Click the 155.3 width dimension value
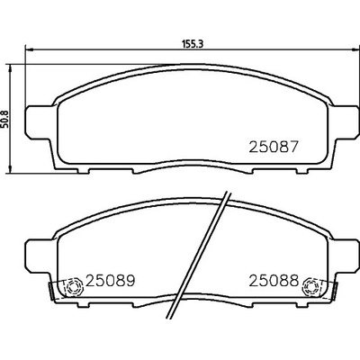[x=193, y=44]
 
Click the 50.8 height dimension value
[x=5, y=119]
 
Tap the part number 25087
[x=274, y=147]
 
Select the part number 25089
[x=111, y=281]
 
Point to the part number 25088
[x=274, y=281]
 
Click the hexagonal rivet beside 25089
[x=74, y=287]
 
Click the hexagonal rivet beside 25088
[x=311, y=287]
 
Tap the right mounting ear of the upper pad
[x=344, y=121]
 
